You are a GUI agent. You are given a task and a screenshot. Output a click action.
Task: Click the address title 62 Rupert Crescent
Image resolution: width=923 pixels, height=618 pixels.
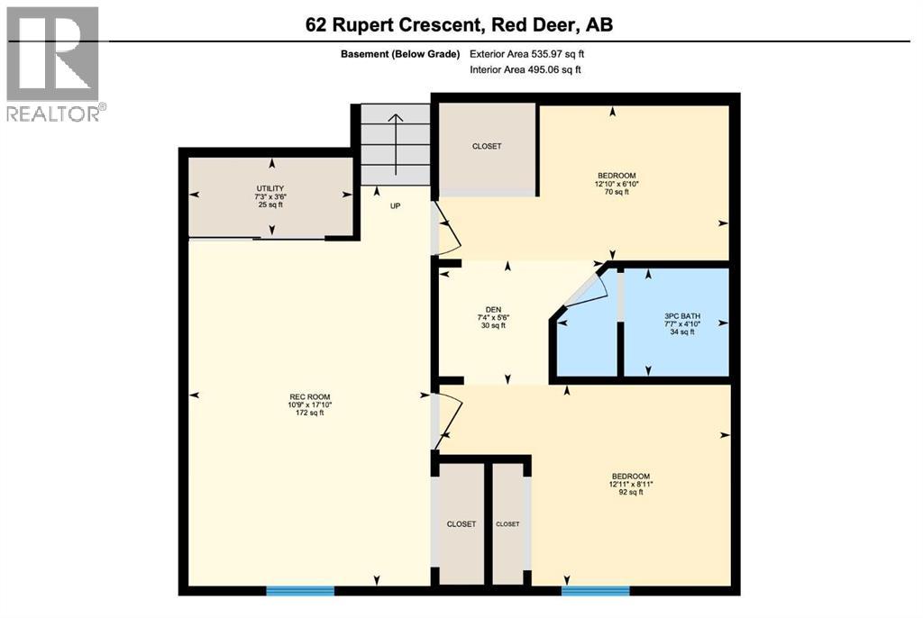pyautogui.click(x=460, y=24)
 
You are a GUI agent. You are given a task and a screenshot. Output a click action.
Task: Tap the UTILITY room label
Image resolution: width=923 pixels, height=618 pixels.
pyautogui.click(x=270, y=196)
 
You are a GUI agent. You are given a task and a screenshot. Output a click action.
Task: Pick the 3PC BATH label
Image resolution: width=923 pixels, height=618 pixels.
pyautogui.click(x=681, y=323)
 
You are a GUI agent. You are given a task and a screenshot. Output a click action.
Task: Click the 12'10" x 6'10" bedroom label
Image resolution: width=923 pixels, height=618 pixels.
pyautogui.click(x=617, y=183)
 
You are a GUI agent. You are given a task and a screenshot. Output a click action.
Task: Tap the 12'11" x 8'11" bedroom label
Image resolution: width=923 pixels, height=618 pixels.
pyautogui.click(x=630, y=484)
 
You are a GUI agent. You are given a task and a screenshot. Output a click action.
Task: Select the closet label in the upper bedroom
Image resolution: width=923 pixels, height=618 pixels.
pyautogui.click(x=487, y=146)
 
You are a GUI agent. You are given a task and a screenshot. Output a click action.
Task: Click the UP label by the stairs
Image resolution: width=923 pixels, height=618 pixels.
pyautogui.click(x=395, y=205)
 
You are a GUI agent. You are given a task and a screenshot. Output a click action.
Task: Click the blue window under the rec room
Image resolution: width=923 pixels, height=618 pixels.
pyautogui.click(x=300, y=590)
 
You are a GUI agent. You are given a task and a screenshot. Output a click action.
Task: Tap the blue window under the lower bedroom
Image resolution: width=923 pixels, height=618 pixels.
pyautogui.click(x=595, y=590)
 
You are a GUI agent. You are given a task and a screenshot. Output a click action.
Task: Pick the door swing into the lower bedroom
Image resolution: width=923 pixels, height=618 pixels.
pyautogui.click(x=448, y=420)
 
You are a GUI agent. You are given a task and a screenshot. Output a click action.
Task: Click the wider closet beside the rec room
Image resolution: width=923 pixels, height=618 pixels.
pyautogui.click(x=461, y=524)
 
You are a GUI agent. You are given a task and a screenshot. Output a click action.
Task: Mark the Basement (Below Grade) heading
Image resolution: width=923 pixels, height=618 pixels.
pyautogui.click(x=400, y=53)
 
